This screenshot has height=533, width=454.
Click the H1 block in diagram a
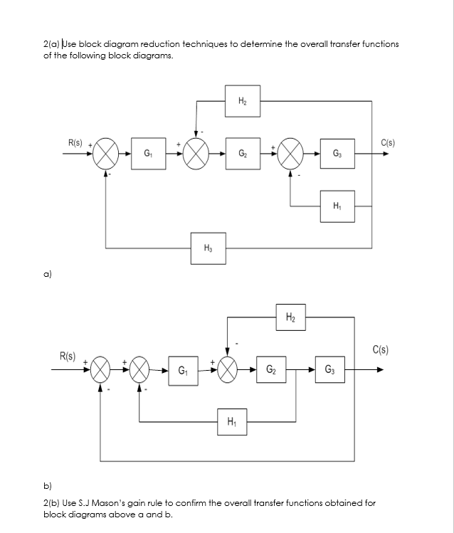(337, 206)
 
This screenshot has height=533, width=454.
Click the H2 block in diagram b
(290, 317)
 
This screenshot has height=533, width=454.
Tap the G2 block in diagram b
(272, 370)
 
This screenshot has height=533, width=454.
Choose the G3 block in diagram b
(330, 370)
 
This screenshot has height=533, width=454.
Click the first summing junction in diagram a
(106, 153)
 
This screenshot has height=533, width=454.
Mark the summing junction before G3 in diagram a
(290, 153)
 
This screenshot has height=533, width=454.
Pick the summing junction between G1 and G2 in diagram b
(228, 370)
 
